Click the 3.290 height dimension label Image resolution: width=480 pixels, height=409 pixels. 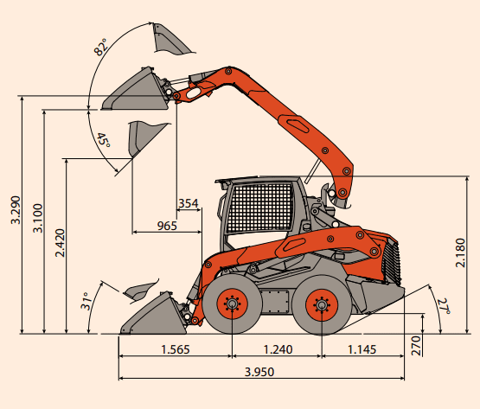coord(16,210)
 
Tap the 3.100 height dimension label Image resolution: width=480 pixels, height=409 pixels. coord(38,218)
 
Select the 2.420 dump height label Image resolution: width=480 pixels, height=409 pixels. coord(60,243)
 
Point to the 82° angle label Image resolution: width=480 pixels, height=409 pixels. coord(100,48)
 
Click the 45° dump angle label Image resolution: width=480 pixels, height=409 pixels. coord(103,140)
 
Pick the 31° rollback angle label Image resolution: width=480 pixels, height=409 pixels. coord(86,301)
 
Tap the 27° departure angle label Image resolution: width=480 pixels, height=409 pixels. coord(444,307)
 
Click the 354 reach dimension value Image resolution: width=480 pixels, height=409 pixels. coord(189,203)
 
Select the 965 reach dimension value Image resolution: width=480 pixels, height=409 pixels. coord(167,226)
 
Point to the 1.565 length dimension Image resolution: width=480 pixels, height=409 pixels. coord(176,349)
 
